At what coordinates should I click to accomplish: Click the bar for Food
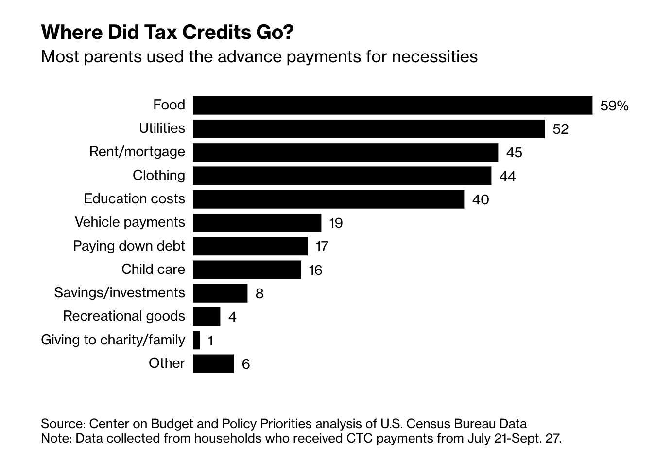393,105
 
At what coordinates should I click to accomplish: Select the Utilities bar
369,129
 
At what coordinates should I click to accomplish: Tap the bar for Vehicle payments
257,222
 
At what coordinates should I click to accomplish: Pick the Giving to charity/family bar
196,340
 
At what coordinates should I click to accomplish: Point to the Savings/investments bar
220,293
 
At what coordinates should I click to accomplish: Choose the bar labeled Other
213,363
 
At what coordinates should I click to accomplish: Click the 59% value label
614,106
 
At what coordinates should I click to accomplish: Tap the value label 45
514,153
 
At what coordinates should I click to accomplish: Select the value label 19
336,223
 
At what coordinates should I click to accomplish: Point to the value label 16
315,270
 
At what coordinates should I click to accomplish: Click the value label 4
232,317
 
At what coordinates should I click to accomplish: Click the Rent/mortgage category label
137,152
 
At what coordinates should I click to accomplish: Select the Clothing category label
159,175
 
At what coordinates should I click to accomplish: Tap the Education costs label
134,198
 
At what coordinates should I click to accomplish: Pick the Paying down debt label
129,246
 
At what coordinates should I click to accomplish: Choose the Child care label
153,269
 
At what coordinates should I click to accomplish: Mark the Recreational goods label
124,316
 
